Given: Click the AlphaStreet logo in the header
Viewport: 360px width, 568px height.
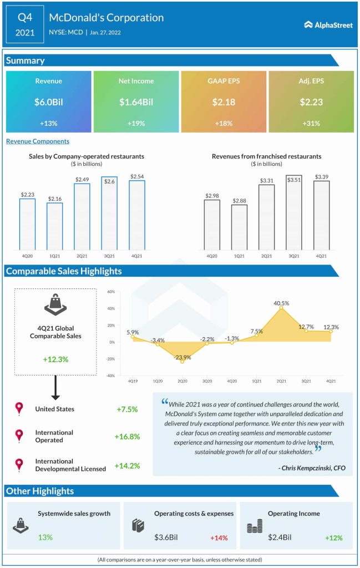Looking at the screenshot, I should coord(328,24).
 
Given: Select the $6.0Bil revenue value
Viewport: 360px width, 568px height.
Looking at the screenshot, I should coord(48,102).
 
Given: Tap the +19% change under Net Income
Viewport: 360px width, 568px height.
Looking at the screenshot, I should coord(136,123).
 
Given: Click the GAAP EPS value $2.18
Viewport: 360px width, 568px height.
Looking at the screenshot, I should coord(224,102).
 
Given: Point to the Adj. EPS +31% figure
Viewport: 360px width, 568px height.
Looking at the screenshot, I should coord(311,123).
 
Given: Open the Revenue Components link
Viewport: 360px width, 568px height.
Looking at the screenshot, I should coord(38,141).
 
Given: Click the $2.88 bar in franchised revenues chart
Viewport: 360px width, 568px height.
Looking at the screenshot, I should coord(239,227).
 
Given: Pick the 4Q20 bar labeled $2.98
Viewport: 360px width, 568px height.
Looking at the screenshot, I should coord(212,225).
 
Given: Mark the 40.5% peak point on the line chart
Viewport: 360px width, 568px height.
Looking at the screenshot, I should coord(281,308).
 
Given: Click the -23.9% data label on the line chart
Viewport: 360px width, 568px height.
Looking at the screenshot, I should coord(182,357).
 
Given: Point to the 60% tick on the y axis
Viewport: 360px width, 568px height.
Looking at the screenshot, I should coord(110,292).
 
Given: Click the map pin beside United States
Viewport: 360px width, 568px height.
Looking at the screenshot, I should coord(19,409).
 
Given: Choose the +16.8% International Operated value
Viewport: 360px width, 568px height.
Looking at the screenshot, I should coord(127,437).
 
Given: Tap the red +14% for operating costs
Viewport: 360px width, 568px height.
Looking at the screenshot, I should coord(219,538).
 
